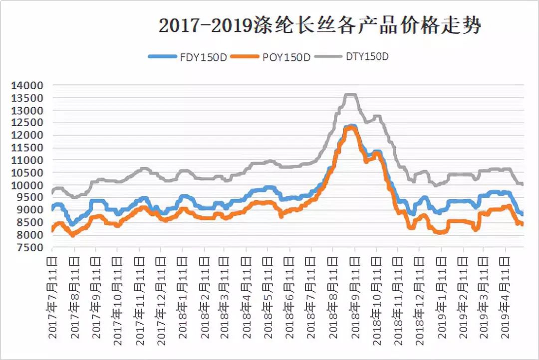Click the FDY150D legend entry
pos(188,57)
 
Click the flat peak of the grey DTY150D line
pos(350,95)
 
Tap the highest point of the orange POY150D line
pos(351,128)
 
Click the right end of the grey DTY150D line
pos(522,184)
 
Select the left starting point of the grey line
pos(53,193)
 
